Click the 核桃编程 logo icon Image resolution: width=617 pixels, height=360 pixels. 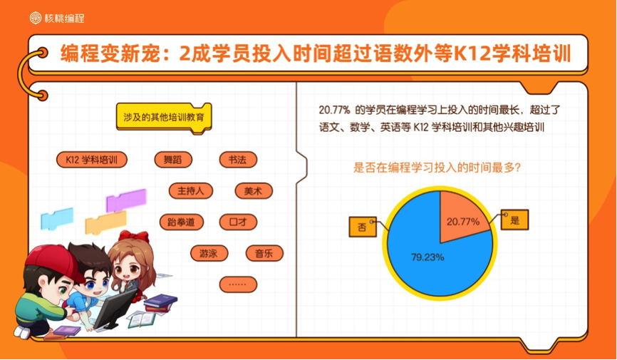click(x=36, y=18)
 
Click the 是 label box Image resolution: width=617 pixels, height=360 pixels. click(x=514, y=220)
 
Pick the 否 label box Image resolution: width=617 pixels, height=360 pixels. click(x=363, y=227)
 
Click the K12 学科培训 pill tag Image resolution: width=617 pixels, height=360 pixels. click(x=92, y=160)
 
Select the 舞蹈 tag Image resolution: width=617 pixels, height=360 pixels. click(x=173, y=160)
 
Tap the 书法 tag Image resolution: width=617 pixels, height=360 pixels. click(x=238, y=160)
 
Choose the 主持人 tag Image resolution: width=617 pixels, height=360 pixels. click(x=191, y=191)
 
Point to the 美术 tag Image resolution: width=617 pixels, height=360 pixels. click(x=254, y=191)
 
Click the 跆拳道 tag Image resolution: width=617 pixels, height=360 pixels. click(x=182, y=222)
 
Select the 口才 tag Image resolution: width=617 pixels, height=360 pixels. click(x=238, y=222)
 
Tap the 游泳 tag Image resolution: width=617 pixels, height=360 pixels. click(x=209, y=253)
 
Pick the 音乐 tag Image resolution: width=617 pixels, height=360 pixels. click(x=264, y=253)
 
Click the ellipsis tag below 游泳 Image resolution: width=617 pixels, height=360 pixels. click(x=238, y=284)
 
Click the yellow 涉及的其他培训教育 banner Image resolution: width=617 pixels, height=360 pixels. click(x=164, y=118)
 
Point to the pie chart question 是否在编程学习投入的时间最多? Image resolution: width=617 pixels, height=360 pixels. click(x=437, y=168)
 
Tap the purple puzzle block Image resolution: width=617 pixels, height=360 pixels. click(x=126, y=200)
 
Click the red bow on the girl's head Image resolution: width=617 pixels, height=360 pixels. click(x=134, y=237)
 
